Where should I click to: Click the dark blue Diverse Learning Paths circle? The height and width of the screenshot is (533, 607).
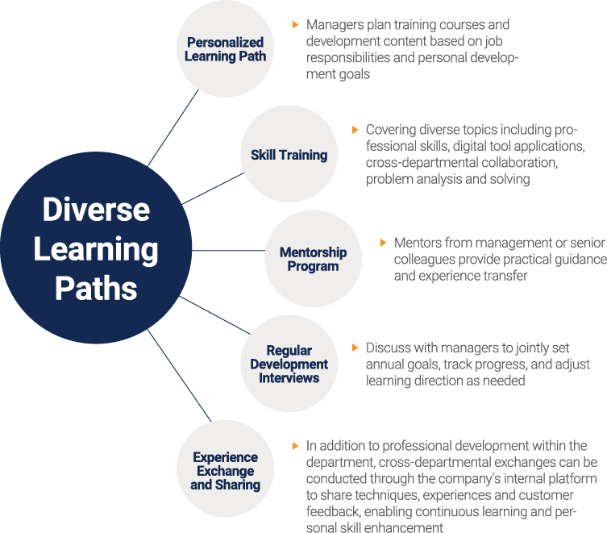click(96, 248)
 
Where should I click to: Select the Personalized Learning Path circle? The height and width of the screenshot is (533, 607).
click(225, 49)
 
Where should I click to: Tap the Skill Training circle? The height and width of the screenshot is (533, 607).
click(289, 154)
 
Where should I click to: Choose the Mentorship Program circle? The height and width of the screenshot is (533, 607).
click(314, 259)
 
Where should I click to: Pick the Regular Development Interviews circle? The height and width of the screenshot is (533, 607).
click(289, 364)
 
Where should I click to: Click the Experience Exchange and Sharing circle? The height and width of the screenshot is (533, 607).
click(225, 468)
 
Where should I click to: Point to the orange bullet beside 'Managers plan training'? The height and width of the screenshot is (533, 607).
click(295, 25)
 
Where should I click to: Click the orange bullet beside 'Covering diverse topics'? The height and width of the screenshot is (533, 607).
click(355, 130)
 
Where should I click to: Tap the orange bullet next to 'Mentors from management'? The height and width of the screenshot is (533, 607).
click(383, 243)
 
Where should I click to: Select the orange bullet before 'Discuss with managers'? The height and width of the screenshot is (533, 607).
click(355, 348)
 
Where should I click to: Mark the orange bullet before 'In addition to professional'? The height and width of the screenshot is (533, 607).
click(295, 446)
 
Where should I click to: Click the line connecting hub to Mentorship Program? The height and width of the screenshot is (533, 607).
click(228, 250)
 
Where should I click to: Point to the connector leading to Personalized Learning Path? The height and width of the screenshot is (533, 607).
click(173, 128)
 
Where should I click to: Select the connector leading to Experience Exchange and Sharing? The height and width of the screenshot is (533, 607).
click(180, 375)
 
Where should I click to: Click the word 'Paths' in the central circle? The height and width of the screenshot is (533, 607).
click(96, 288)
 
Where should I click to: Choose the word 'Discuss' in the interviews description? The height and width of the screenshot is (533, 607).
click(389, 348)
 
